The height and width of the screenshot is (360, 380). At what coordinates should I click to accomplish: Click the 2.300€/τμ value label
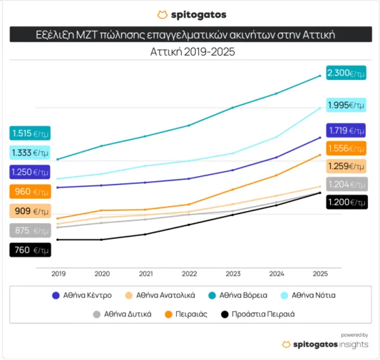coord(346,74)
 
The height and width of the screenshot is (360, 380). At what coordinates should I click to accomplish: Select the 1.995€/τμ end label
coord(346,105)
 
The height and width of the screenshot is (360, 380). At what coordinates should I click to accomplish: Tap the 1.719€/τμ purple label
coord(346,131)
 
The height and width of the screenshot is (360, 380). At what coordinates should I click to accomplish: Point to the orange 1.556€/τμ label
coord(346,148)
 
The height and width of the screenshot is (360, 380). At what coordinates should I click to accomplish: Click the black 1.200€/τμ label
coord(346,203)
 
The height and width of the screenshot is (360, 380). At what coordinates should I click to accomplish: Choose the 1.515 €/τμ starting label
coord(30,133)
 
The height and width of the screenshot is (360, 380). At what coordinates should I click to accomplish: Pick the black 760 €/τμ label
coord(30,250)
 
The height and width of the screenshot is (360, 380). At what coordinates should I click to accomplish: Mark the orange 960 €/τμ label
coord(30,191)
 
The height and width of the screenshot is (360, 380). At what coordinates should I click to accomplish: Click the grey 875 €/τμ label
coord(30,231)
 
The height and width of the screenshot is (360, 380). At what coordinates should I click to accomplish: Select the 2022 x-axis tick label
coord(189,274)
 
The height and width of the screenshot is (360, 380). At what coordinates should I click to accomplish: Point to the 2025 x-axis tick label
coord(320,274)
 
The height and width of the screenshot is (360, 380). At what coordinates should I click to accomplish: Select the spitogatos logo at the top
coord(190,14)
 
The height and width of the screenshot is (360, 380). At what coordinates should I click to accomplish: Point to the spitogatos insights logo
coord(325,344)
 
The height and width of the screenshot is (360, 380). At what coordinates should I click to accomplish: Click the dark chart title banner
coord(190,34)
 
